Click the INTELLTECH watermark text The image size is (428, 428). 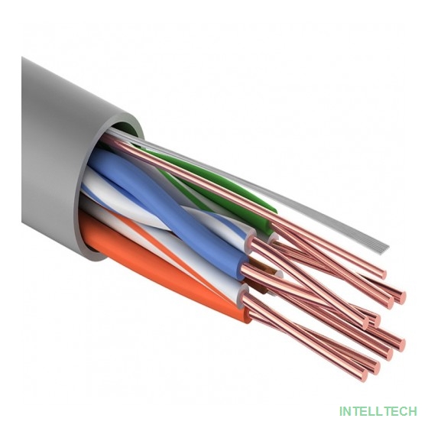378,411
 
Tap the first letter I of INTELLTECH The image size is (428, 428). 340,411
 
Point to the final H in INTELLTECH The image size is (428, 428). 413,411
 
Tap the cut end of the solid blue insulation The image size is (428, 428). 244,266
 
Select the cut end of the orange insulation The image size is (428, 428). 245,315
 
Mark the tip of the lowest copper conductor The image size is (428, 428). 364,374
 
